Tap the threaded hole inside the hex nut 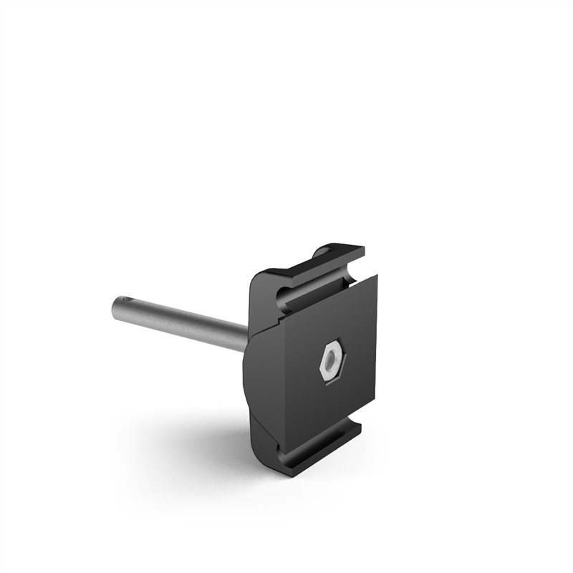click(x=329, y=361)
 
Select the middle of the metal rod click(x=179, y=323)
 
